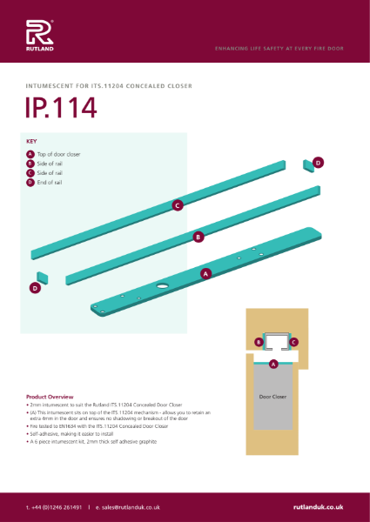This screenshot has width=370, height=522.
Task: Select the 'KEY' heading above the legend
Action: coord(32,140)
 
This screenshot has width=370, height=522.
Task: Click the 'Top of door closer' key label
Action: coord(59,154)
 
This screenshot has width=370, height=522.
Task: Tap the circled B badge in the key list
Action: coord(30,164)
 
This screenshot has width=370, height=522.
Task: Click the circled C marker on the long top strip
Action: coord(177,205)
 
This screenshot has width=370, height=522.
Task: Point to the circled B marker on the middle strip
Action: coord(198,236)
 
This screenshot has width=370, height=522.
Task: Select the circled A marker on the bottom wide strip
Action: coord(205,273)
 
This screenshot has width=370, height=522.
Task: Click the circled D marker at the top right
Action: coord(318,162)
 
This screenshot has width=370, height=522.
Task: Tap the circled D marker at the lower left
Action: coord(35,287)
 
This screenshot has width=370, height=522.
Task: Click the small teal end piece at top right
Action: coord(307,164)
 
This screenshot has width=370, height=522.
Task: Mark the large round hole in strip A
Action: coord(163,286)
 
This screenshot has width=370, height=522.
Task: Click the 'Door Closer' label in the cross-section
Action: coord(273,395)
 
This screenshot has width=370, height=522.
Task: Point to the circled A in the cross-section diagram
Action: coord(273,364)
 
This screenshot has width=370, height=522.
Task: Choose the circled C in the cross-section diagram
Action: coord(294,342)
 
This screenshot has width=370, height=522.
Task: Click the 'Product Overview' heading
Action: coord(50,396)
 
